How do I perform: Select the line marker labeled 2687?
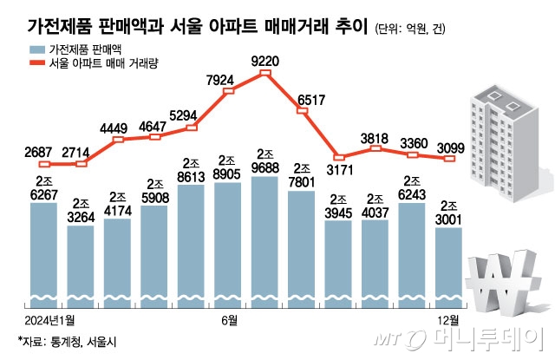click(x=44, y=163)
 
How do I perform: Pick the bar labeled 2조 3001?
click(x=449, y=266)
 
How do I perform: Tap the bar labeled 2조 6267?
click(x=44, y=252)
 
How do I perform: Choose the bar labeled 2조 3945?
click(x=339, y=263)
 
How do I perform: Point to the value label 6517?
click(x=310, y=101)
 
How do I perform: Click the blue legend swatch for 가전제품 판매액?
click(x=36, y=50)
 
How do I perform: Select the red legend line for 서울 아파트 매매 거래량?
click(x=36, y=64)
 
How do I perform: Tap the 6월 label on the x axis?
click(x=228, y=322)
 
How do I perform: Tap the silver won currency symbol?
click(x=504, y=286)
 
